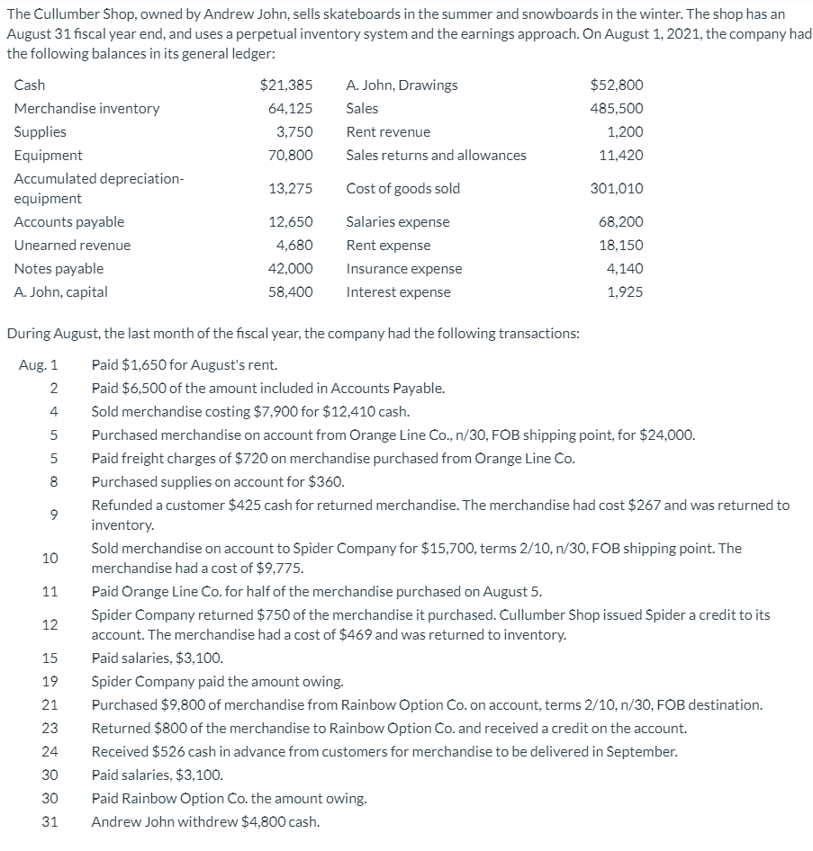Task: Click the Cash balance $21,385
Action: click(x=286, y=85)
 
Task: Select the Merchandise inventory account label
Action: click(x=87, y=109)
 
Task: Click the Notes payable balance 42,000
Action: click(x=291, y=269)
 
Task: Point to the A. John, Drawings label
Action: click(x=402, y=85)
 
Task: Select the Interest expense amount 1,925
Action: click(x=625, y=292)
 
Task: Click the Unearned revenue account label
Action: click(x=72, y=246)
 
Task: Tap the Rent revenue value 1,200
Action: click(x=625, y=132)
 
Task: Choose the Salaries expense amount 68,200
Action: click(x=620, y=222)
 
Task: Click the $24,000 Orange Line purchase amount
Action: click(x=667, y=435)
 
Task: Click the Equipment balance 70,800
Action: click(x=291, y=156)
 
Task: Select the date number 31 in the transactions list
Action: click(x=50, y=822)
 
